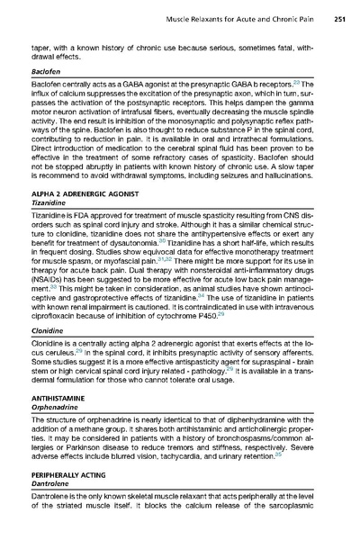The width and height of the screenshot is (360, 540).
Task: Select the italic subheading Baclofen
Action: [x=44, y=68]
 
